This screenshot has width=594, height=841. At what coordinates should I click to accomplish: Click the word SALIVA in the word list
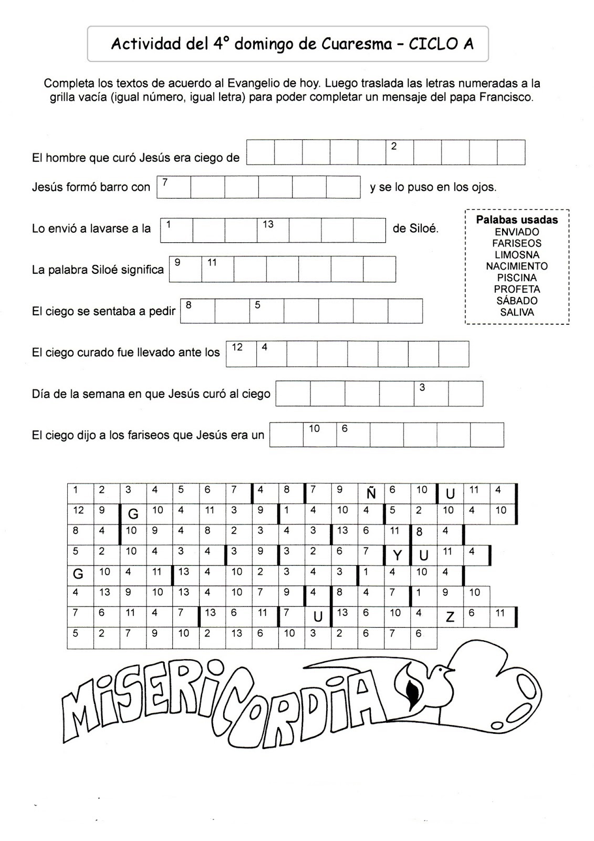517,312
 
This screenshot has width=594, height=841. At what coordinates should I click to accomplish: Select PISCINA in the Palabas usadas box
517,278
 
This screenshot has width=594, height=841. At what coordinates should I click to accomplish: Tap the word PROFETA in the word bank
517,289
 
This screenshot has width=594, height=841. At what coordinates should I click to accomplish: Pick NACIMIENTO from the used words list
517,266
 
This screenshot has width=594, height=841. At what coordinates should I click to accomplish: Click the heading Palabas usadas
517,220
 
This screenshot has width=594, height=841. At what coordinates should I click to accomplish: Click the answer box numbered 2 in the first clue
400,152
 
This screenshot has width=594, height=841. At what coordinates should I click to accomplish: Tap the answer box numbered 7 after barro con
174,187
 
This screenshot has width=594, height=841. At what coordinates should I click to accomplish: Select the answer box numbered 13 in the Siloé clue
273,230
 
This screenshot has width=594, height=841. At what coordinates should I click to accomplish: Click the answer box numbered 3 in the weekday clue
431,394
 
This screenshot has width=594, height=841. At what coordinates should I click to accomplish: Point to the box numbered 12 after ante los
241,353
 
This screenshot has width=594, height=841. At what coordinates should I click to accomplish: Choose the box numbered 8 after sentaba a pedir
197,311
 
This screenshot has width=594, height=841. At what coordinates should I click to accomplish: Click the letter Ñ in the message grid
371,494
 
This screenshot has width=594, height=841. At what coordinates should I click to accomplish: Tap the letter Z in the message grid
450,618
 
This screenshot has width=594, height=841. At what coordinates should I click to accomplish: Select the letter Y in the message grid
397,556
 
